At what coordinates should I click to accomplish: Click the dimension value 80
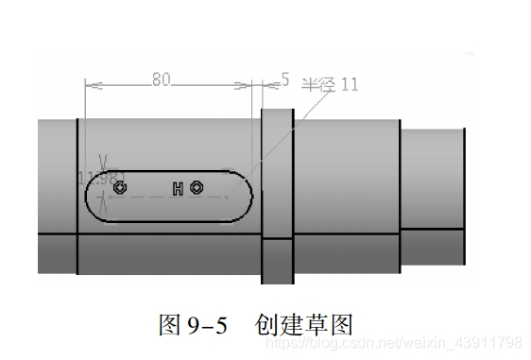[161, 80]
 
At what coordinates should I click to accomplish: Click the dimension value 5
[285, 80]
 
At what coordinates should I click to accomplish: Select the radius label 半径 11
[330, 84]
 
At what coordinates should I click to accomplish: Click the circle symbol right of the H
[196, 188]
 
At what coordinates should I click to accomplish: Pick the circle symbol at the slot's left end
[119, 189]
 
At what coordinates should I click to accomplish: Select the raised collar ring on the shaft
[278, 198]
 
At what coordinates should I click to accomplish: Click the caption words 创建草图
[303, 325]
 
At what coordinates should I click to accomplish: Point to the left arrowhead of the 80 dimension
[89, 85]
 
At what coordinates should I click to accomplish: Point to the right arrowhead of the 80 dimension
[252, 85]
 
